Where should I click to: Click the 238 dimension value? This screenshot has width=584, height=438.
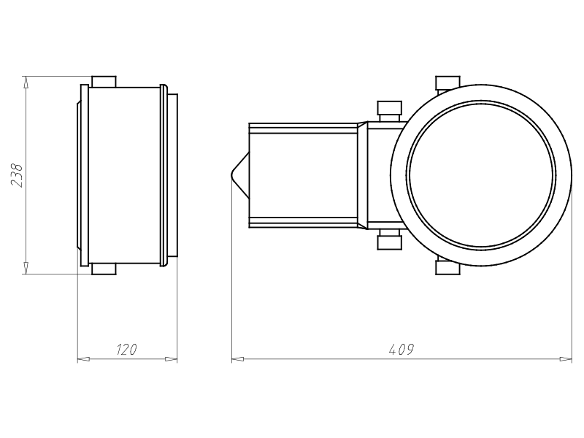click(x=17, y=175)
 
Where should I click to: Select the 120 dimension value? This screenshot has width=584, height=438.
click(x=126, y=350)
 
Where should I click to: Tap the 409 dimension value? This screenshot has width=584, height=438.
click(x=401, y=350)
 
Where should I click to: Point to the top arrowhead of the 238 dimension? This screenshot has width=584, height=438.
click(x=26, y=82)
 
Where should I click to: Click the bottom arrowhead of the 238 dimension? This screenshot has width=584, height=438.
click(x=26, y=268)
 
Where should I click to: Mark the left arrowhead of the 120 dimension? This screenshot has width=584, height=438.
click(x=83, y=359)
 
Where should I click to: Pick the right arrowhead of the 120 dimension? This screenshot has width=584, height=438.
click(x=171, y=359)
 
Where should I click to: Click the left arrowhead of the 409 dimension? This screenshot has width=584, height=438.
click(x=238, y=359)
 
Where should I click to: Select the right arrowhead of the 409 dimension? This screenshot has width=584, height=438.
click(x=566, y=359)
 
